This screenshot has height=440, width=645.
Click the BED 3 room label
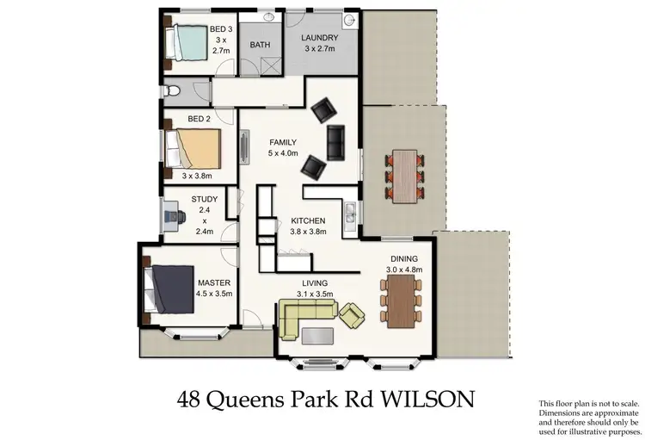[221, 29]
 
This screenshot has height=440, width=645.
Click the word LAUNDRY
[319, 38]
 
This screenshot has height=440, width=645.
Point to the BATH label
[260, 44]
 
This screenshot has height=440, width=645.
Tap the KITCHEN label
[307, 220]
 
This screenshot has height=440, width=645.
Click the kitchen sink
[350, 209]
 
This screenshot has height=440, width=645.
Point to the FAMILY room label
[283, 142]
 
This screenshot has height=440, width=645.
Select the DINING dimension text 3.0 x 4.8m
[402, 270]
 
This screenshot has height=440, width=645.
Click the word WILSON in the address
[426, 399]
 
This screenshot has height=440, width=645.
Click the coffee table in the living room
[316, 334]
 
